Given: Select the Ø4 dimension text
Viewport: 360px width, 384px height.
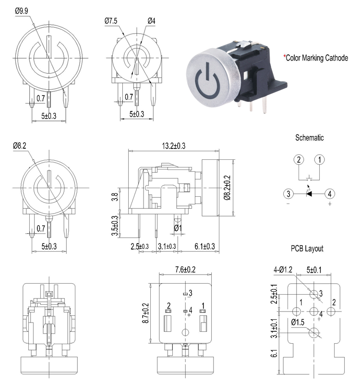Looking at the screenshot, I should [x=151, y=21].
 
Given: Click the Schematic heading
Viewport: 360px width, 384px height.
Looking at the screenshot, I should [x=309, y=138].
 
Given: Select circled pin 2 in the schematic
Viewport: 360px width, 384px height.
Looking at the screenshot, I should [x=299, y=159].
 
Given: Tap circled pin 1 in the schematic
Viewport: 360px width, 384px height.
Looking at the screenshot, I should [x=320, y=159].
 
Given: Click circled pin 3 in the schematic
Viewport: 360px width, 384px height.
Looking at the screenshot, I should [x=288, y=194].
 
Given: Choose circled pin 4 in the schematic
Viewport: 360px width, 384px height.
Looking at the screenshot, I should [x=329, y=194].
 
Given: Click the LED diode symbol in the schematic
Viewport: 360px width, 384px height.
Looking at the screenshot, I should [x=309, y=193].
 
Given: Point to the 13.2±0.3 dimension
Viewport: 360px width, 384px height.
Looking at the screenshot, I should [x=175, y=145].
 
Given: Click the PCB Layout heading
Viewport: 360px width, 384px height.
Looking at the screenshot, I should [x=307, y=249].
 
